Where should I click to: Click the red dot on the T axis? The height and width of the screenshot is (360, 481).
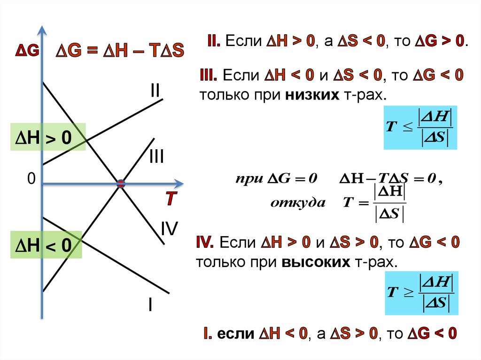point(121,184)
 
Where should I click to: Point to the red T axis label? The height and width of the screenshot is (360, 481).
point(170,199)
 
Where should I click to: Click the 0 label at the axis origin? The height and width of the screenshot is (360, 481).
point(31,179)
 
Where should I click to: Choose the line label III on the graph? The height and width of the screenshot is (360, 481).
point(156,157)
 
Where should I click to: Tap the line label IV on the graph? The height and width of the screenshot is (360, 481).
point(169,229)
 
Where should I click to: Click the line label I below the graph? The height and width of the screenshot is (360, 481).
point(150,306)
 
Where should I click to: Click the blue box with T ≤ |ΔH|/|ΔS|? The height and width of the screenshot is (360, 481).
point(420,128)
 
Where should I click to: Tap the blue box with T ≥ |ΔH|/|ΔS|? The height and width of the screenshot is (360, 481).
point(420,294)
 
